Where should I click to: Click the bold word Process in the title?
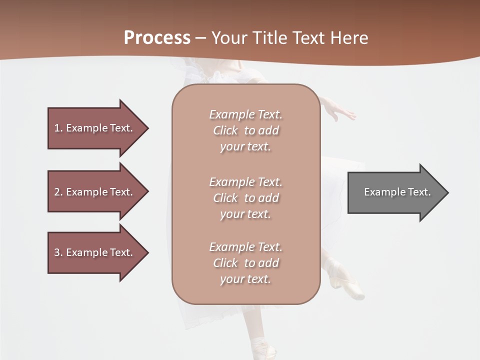pyautogui.click(x=157, y=38)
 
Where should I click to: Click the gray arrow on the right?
pyautogui.click(x=395, y=192)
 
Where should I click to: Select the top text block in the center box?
pyautogui.click(x=245, y=130)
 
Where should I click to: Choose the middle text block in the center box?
pyautogui.click(x=245, y=198)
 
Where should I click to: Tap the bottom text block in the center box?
pyautogui.click(x=245, y=263)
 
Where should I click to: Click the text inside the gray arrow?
pyautogui.click(x=397, y=192)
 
